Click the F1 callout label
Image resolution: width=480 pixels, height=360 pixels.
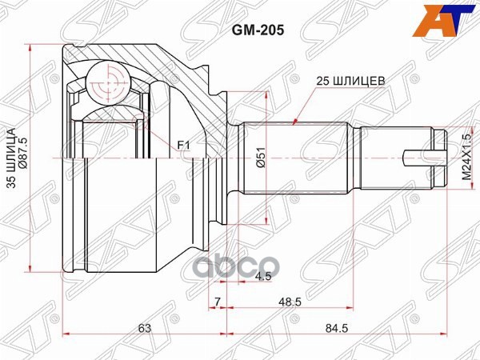click(183, 145)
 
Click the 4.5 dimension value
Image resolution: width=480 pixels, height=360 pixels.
click(262, 278)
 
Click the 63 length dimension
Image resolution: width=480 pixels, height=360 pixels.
click(145, 327)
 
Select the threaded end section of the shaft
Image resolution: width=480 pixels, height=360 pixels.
click(396, 158)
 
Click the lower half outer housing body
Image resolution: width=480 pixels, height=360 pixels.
click(120, 224)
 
